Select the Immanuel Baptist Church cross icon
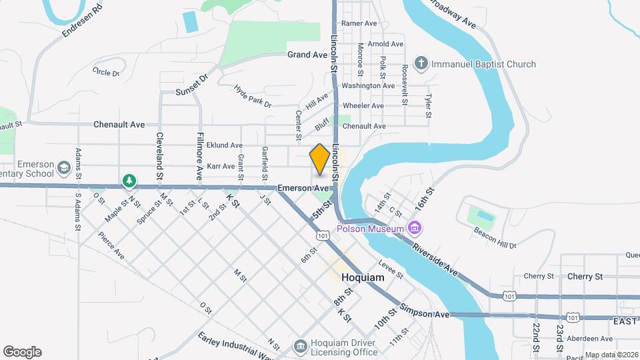(x=421, y=64)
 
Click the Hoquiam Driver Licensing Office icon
(x=300, y=347)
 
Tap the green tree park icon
(x=128, y=181)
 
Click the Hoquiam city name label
(x=363, y=277)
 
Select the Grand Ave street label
(x=307, y=55)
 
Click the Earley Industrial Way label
(x=237, y=347)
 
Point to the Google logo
(x=22, y=351)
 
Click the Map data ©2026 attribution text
(x=611, y=355)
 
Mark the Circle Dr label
(x=106, y=72)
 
